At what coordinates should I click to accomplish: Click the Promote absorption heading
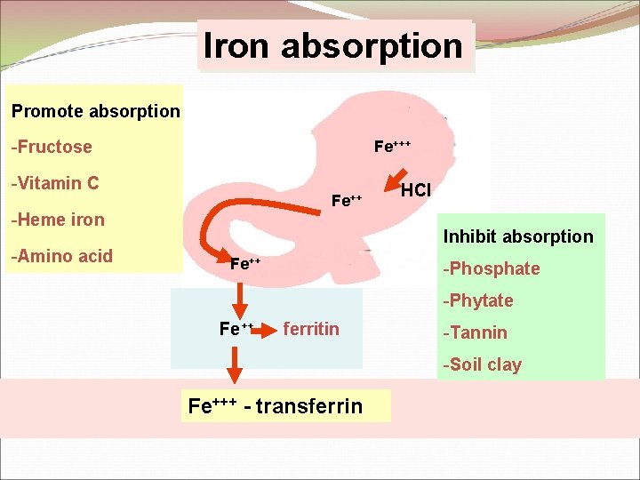coord(95,112)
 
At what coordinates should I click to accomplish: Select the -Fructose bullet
coord(52,147)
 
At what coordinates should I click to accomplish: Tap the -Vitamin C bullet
coord(54,184)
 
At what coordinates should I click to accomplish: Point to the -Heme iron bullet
coord(58,220)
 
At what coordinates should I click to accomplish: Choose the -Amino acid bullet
coord(61,256)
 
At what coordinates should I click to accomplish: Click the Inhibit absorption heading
coord(518,236)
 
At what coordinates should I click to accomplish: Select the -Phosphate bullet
coord(492,268)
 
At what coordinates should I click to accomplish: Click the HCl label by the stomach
coord(416,190)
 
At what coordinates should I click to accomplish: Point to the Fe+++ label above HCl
coord(392,146)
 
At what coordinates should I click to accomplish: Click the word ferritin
coord(311,329)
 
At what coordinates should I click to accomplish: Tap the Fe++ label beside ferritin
coord(236,329)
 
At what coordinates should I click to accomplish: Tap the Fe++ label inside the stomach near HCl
coord(346,201)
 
